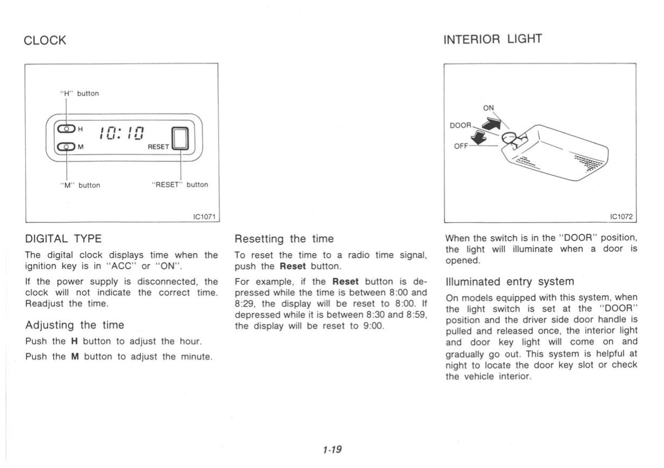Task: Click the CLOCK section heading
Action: [45, 41]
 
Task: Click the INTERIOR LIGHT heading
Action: [493, 39]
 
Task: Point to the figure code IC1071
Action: [203, 216]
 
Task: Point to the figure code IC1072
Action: [621, 216]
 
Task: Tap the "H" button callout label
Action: [78, 94]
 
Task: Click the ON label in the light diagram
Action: [489, 108]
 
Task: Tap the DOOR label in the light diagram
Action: [460, 125]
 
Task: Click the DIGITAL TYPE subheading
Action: [64, 239]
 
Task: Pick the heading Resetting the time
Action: [284, 239]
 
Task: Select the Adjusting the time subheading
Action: [74, 325]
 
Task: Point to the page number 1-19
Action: [332, 450]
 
